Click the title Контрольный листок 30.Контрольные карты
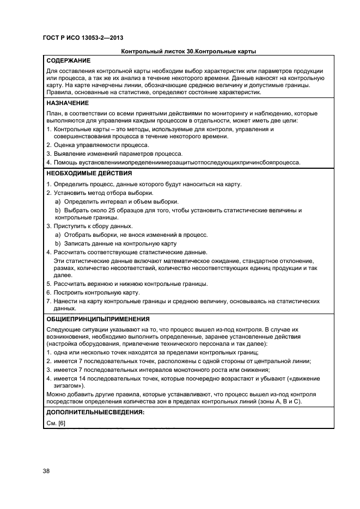(188, 52)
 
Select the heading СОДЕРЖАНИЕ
(69, 60)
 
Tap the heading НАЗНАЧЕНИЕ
(68, 103)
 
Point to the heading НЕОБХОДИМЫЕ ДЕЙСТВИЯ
(89, 173)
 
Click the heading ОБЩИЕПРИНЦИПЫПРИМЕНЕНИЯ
(98, 319)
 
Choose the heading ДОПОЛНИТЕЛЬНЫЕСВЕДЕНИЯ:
(95, 413)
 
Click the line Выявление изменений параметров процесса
(117, 154)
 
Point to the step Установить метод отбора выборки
(102, 193)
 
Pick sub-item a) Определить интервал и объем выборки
(117, 201)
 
